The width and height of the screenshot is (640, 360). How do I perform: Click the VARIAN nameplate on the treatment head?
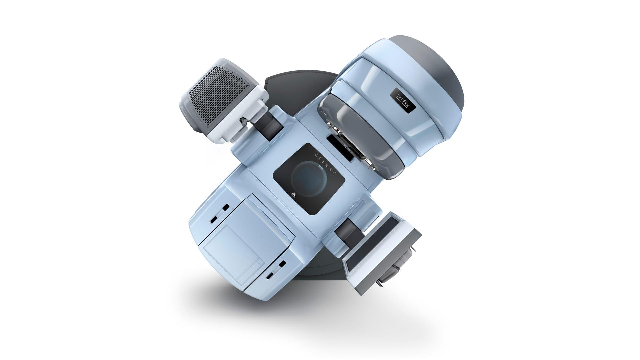pyautogui.click(x=403, y=99)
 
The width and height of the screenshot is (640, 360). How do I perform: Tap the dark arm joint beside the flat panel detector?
pyautogui.click(x=347, y=233)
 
